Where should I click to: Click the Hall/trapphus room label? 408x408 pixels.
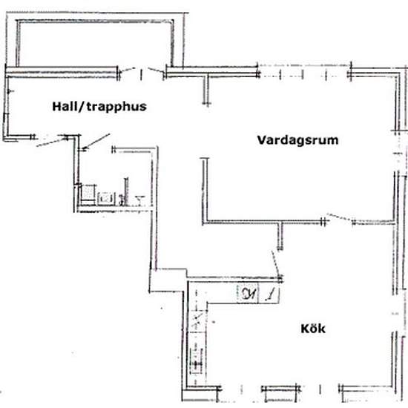click(x=99, y=106)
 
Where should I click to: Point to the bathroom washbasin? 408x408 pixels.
click(x=139, y=197)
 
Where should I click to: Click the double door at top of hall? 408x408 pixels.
click(x=142, y=73)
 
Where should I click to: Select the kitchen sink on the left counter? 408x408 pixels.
click(x=197, y=362)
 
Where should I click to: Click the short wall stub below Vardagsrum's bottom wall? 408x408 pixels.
click(x=280, y=236)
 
